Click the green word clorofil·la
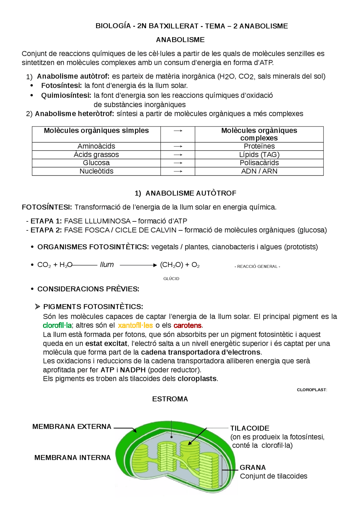click(x=57, y=325)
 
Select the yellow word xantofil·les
click(x=135, y=325)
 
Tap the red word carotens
click(x=188, y=325)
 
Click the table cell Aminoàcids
click(x=96, y=146)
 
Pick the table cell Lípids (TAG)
click(x=259, y=155)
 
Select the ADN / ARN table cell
click(x=259, y=171)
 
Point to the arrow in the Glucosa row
click(x=178, y=163)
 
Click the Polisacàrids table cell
click(x=259, y=163)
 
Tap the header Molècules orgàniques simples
click(x=96, y=131)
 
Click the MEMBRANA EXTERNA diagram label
click(x=72, y=426)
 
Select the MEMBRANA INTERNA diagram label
click(x=73, y=458)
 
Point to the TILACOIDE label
click(x=250, y=428)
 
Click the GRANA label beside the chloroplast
click(x=253, y=467)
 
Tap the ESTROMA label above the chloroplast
click(x=170, y=399)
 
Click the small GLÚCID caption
click(x=171, y=279)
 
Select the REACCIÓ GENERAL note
click(x=257, y=266)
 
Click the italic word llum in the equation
click(x=107, y=264)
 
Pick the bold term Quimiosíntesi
click(x=66, y=96)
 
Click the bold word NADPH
click(x=133, y=370)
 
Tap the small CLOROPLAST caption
click(x=312, y=390)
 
